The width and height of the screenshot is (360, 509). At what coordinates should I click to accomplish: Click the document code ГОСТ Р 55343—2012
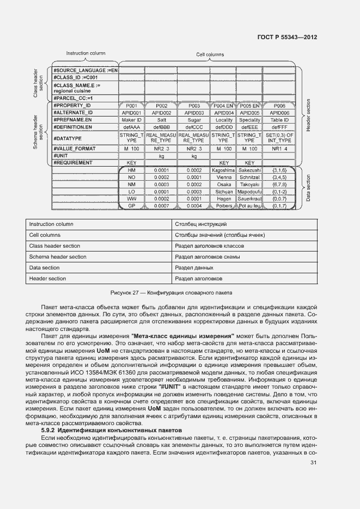click(287, 37)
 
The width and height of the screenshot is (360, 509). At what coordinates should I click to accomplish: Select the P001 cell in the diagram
click(131, 105)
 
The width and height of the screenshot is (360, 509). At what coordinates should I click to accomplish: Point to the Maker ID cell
click(131, 120)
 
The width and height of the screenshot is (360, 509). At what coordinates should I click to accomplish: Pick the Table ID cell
click(279, 120)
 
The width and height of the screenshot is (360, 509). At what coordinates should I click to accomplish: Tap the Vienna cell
click(223, 177)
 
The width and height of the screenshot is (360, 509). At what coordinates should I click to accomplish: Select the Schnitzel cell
click(249, 177)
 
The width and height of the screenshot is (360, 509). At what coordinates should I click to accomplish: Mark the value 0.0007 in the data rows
click(162, 206)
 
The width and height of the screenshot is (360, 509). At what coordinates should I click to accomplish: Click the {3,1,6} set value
click(279, 170)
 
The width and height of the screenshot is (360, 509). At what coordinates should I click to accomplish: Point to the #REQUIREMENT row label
click(73, 163)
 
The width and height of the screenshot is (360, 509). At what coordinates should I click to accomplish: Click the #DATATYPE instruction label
click(67, 138)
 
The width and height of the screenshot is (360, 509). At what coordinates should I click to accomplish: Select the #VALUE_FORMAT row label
click(74, 149)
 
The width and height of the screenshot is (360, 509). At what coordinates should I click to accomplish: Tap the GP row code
click(131, 206)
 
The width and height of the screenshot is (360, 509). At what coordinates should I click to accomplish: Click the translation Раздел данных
click(194, 268)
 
